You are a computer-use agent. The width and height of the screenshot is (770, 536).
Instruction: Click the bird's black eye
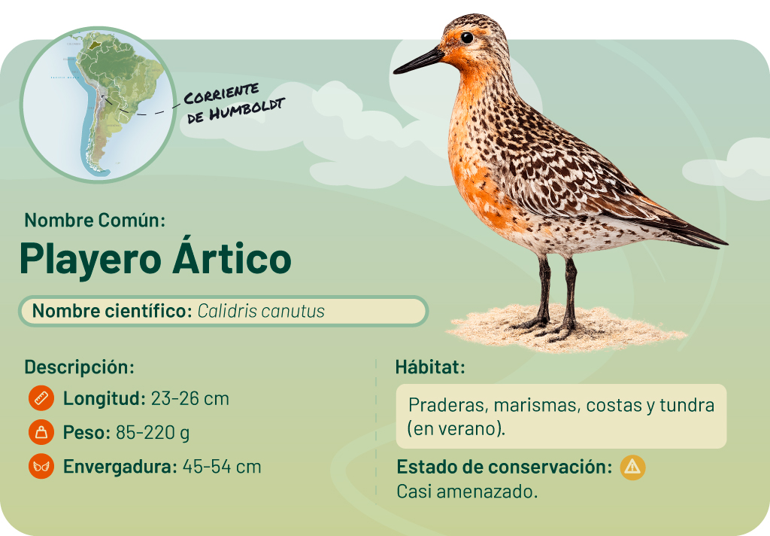coord(467,37)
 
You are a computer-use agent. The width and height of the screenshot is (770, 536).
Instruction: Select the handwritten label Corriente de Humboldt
coord(234,102)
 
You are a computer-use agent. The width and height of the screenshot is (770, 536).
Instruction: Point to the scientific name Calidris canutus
coord(261,311)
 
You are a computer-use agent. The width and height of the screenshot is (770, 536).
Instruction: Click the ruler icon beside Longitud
coord(41,398)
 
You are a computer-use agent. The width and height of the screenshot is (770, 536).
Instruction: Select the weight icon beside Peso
coord(41,433)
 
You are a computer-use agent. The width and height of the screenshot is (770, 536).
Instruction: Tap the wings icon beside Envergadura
coord(41,467)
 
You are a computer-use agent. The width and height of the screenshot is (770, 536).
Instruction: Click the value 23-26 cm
coord(189,398)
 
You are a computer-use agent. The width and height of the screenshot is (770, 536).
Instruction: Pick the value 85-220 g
coord(153,433)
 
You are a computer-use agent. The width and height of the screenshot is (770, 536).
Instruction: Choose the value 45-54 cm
coord(222,467)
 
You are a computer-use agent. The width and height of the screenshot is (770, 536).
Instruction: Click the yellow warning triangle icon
coord(632,467)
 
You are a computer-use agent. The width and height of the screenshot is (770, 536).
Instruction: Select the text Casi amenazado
coord(467,492)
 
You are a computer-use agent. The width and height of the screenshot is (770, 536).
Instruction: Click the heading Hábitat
coord(430,368)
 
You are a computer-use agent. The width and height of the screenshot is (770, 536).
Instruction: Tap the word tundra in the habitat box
coord(687,406)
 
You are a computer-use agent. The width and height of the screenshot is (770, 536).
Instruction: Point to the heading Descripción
coord(79,367)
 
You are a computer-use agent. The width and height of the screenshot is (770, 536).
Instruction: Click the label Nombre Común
coord(95,221)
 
